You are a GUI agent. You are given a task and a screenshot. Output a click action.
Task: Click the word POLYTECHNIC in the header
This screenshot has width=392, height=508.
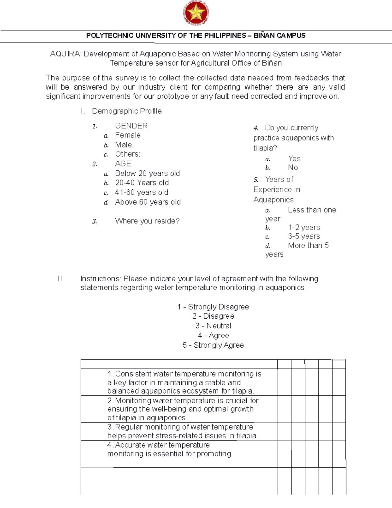pos(105,36)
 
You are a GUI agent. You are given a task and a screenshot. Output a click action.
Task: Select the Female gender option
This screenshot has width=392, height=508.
pos(128,135)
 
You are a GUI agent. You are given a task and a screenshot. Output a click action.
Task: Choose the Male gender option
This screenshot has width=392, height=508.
pos(123,145)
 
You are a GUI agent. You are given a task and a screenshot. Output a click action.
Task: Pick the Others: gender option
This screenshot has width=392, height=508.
pos(127,154)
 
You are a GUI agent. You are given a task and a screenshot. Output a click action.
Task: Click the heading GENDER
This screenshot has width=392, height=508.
pos(131,126)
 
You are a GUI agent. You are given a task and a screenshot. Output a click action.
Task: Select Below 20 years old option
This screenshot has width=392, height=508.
pos(147,173)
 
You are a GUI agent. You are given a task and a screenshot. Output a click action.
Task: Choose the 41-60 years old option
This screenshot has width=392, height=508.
pos(141,192)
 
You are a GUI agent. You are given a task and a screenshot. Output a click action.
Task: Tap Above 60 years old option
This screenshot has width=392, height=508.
pos(148,202)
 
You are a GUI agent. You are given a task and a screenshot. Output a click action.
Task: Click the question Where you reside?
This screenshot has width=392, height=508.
pos(147,221)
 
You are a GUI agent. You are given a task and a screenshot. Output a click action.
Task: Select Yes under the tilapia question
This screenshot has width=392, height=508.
pos(294,159)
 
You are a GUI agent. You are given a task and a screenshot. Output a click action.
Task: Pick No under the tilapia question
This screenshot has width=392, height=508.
pos(293,167)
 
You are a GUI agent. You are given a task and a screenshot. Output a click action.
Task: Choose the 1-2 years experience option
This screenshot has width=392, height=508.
pos(304,227)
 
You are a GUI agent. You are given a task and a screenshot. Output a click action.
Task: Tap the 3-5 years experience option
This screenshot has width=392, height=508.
pos(304,236)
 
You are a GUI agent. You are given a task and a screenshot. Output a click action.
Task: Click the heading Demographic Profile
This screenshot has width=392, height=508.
pos(127,111)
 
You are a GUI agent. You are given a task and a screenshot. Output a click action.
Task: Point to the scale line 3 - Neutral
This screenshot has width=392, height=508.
pos(213,326)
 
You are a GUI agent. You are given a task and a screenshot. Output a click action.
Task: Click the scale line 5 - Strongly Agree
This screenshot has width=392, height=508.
pos(213,345)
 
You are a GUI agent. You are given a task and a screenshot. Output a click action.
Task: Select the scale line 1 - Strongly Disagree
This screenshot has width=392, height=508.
pos(213,307)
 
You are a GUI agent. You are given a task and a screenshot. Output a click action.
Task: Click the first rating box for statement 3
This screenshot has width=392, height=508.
pos(284,431)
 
